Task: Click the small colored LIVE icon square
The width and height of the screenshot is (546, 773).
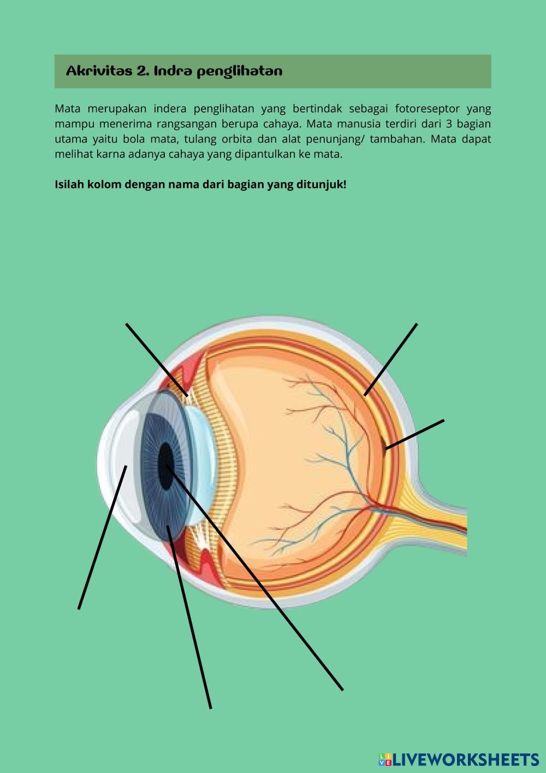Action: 385,759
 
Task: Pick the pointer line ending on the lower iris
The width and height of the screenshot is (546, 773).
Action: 189,618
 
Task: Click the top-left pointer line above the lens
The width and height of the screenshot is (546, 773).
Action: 157,359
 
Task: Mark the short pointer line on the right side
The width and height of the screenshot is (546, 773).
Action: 415,435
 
